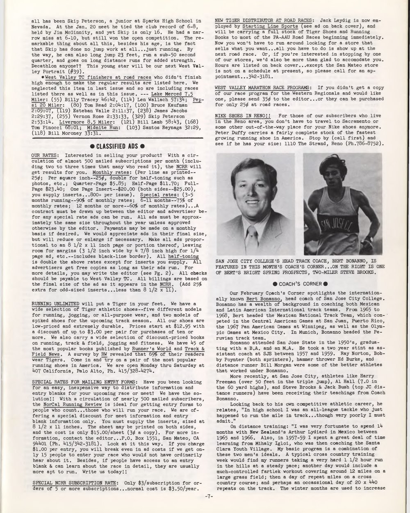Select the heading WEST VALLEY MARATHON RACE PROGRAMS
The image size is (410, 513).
(x=263, y=87)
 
